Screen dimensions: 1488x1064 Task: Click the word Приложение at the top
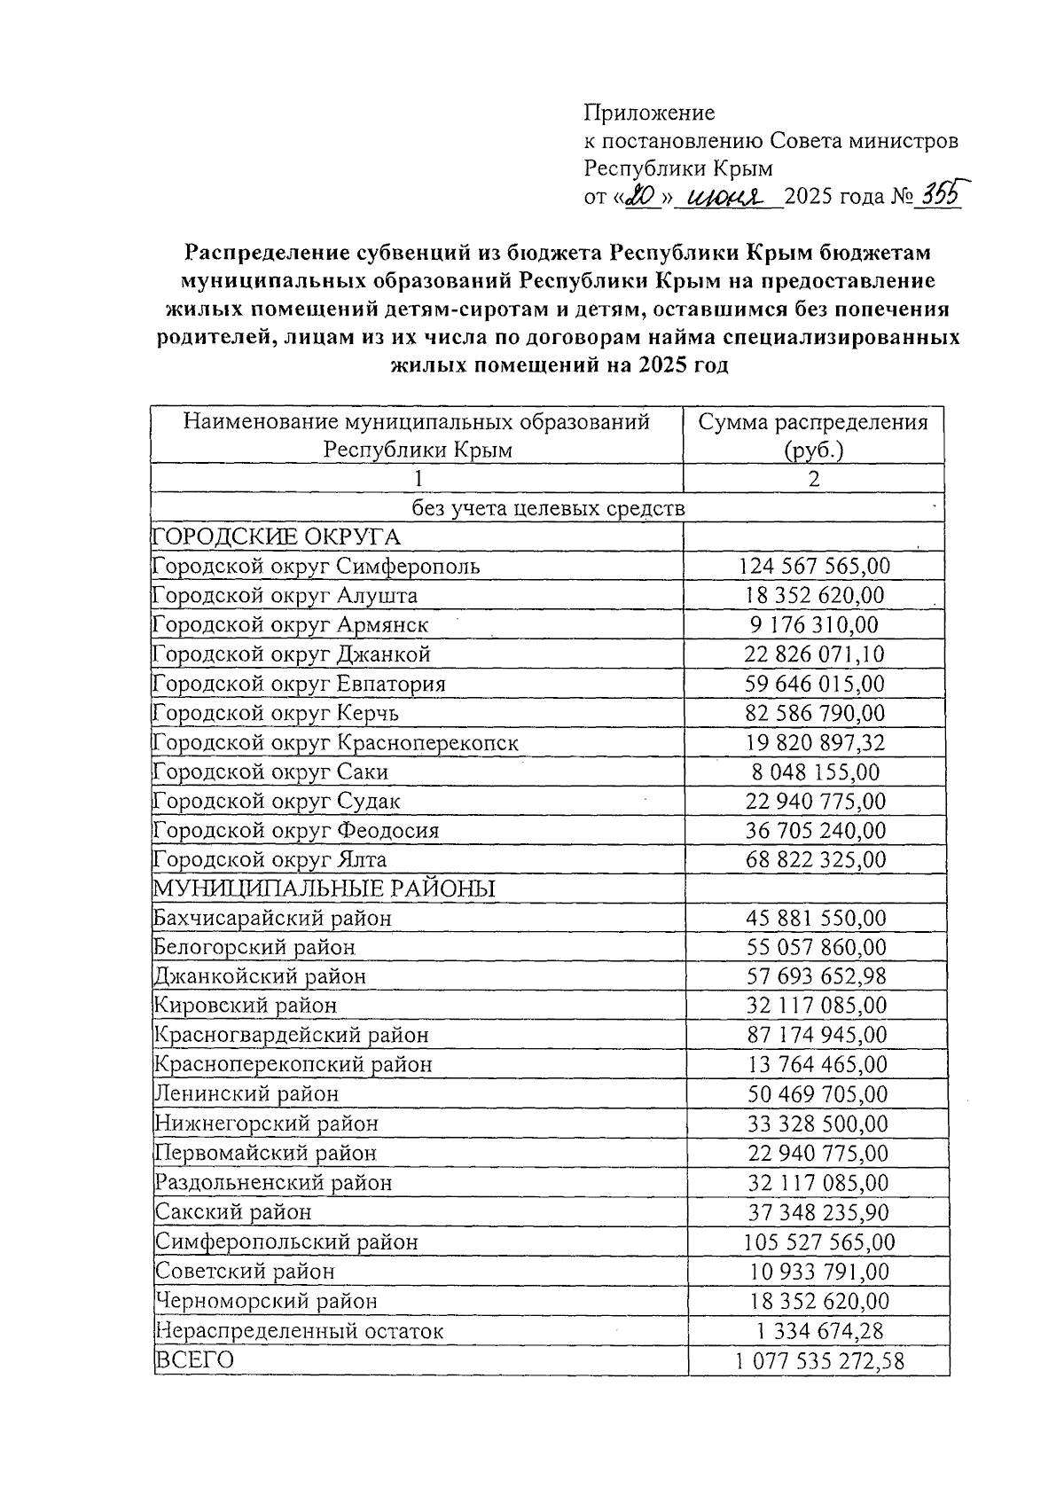(649, 113)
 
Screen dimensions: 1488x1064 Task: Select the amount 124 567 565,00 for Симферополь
(814, 566)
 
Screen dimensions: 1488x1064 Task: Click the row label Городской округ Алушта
(285, 595)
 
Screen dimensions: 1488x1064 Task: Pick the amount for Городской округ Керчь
(814, 713)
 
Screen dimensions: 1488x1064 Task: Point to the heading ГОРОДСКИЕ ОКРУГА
(277, 536)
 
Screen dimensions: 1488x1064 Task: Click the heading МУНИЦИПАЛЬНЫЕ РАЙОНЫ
(325, 889)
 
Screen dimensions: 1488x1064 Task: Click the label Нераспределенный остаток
(299, 1330)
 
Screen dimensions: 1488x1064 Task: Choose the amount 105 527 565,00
(818, 1241)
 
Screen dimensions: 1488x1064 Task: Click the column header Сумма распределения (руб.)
(812, 435)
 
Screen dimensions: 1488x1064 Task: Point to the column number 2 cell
(813, 479)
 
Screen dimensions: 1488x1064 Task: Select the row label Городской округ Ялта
(270, 859)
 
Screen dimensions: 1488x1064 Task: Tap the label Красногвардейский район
(292, 1035)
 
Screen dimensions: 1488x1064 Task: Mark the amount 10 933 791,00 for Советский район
(818, 1272)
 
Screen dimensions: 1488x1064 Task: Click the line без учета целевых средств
(547, 508)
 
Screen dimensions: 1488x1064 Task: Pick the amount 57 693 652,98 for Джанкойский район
(816, 976)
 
